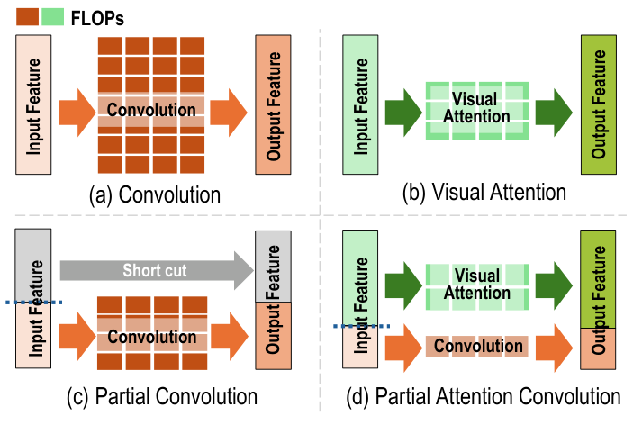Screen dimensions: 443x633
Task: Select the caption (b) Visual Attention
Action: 484,192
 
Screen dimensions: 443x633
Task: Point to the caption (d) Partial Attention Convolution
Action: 485,396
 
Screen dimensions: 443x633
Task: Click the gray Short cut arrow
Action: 152,270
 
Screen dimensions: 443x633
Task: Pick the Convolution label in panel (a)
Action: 151,110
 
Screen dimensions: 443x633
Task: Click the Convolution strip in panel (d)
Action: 477,347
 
